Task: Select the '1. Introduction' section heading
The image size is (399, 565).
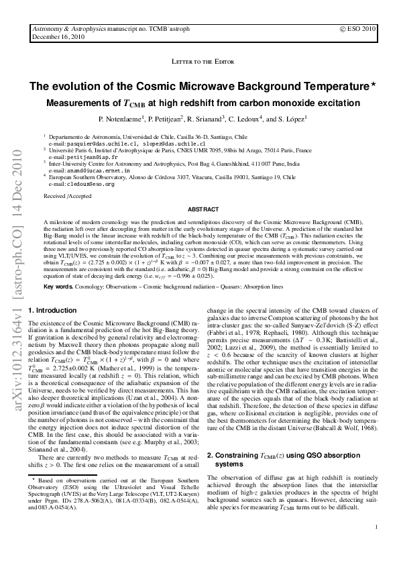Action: click(53, 311)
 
